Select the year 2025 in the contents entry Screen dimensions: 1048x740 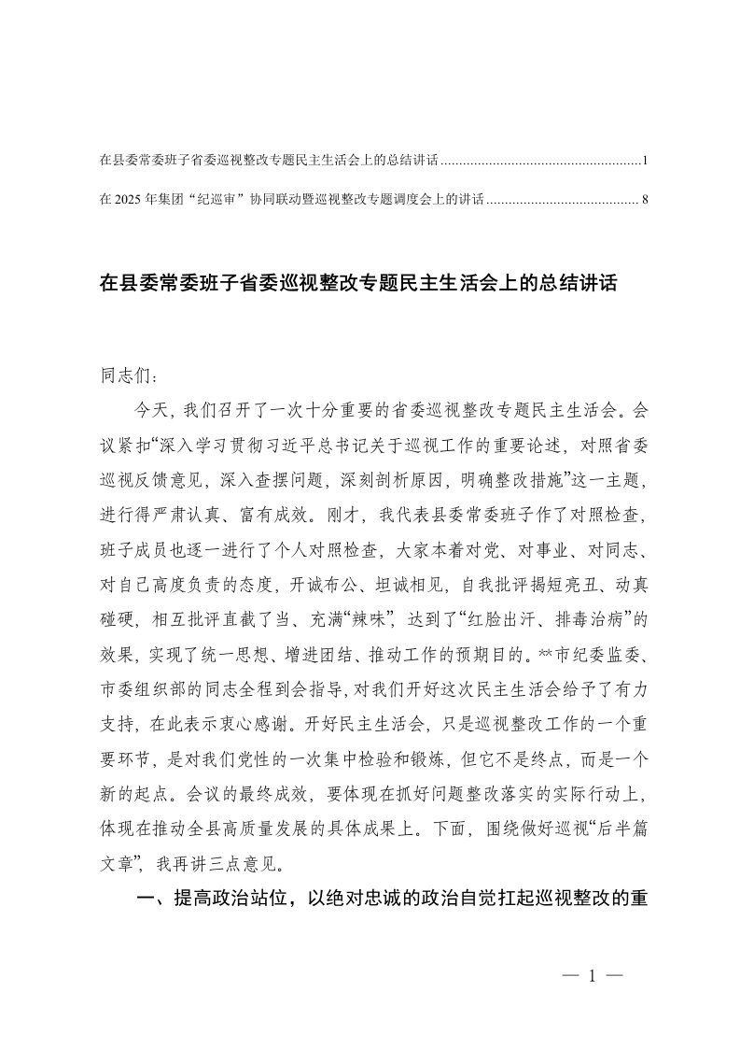tap(127, 198)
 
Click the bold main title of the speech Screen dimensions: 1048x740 tap(358, 283)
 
